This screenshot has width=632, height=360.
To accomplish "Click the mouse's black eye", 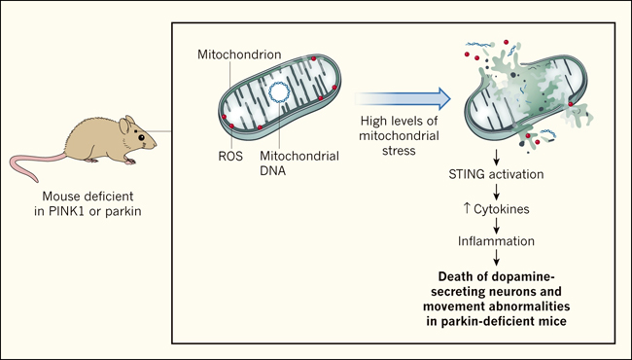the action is click(x=142, y=137).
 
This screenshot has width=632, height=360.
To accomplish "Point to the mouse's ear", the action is click(x=124, y=126).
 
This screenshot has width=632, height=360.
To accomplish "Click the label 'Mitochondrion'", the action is click(x=239, y=54).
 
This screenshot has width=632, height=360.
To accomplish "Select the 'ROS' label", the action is click(x=230, y=156).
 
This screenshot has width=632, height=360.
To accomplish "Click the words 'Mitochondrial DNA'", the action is click(x=299, y=162).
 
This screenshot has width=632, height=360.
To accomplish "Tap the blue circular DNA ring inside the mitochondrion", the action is click(x=279, y=91).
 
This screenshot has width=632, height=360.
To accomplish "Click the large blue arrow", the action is click(x=403, y=98).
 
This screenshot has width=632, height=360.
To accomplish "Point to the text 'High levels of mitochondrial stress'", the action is click(x=399, y=135).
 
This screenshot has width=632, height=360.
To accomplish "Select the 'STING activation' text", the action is click(x=496, y=174).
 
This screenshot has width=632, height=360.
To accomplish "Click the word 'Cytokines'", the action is click(x=502, y=209).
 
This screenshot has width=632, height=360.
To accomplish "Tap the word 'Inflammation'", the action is click(x=496, y=241).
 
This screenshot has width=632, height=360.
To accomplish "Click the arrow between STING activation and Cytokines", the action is click(x=496, y=192).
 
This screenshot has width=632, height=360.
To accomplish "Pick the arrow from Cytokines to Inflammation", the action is click(x=496, y=226).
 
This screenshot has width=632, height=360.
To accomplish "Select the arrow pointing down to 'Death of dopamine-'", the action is click(x=496, y=257).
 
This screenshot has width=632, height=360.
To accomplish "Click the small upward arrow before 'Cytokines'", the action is click(x=467, y=208).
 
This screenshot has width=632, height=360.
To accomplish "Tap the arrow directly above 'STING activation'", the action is click(x=496, y=158).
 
